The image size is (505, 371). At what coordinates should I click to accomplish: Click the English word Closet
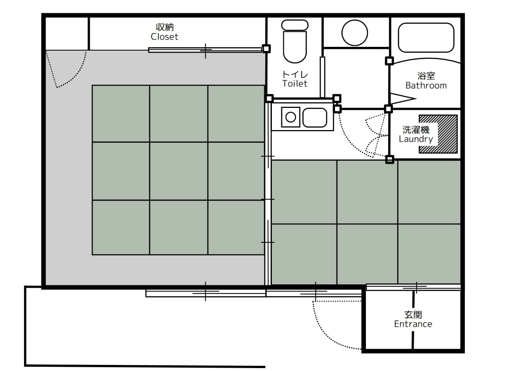164,37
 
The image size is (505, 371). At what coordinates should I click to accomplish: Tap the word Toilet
295,83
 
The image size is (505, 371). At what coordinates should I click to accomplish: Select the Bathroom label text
426,86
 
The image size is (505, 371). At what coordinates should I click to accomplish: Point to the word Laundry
416,139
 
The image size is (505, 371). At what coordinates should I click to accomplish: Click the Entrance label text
413,324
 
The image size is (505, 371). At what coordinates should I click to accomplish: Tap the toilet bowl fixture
295,41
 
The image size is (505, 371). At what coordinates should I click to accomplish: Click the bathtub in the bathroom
426,37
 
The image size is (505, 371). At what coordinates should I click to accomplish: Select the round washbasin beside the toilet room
355,33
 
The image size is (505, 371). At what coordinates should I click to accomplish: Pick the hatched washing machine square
438,134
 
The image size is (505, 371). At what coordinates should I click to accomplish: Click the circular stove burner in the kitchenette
290,117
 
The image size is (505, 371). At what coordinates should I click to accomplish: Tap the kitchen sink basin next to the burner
314,118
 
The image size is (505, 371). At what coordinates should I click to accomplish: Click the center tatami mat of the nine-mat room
178,171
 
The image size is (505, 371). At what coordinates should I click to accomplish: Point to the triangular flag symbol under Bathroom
402,98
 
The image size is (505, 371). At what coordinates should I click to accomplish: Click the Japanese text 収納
165,27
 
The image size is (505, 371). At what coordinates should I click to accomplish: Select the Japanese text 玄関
413,315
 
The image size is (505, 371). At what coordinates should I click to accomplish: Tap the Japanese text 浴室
426,76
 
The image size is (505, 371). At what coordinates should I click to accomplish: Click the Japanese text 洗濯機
416,130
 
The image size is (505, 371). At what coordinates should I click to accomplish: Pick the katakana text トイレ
295,74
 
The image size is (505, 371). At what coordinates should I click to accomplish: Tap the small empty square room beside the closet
67,34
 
